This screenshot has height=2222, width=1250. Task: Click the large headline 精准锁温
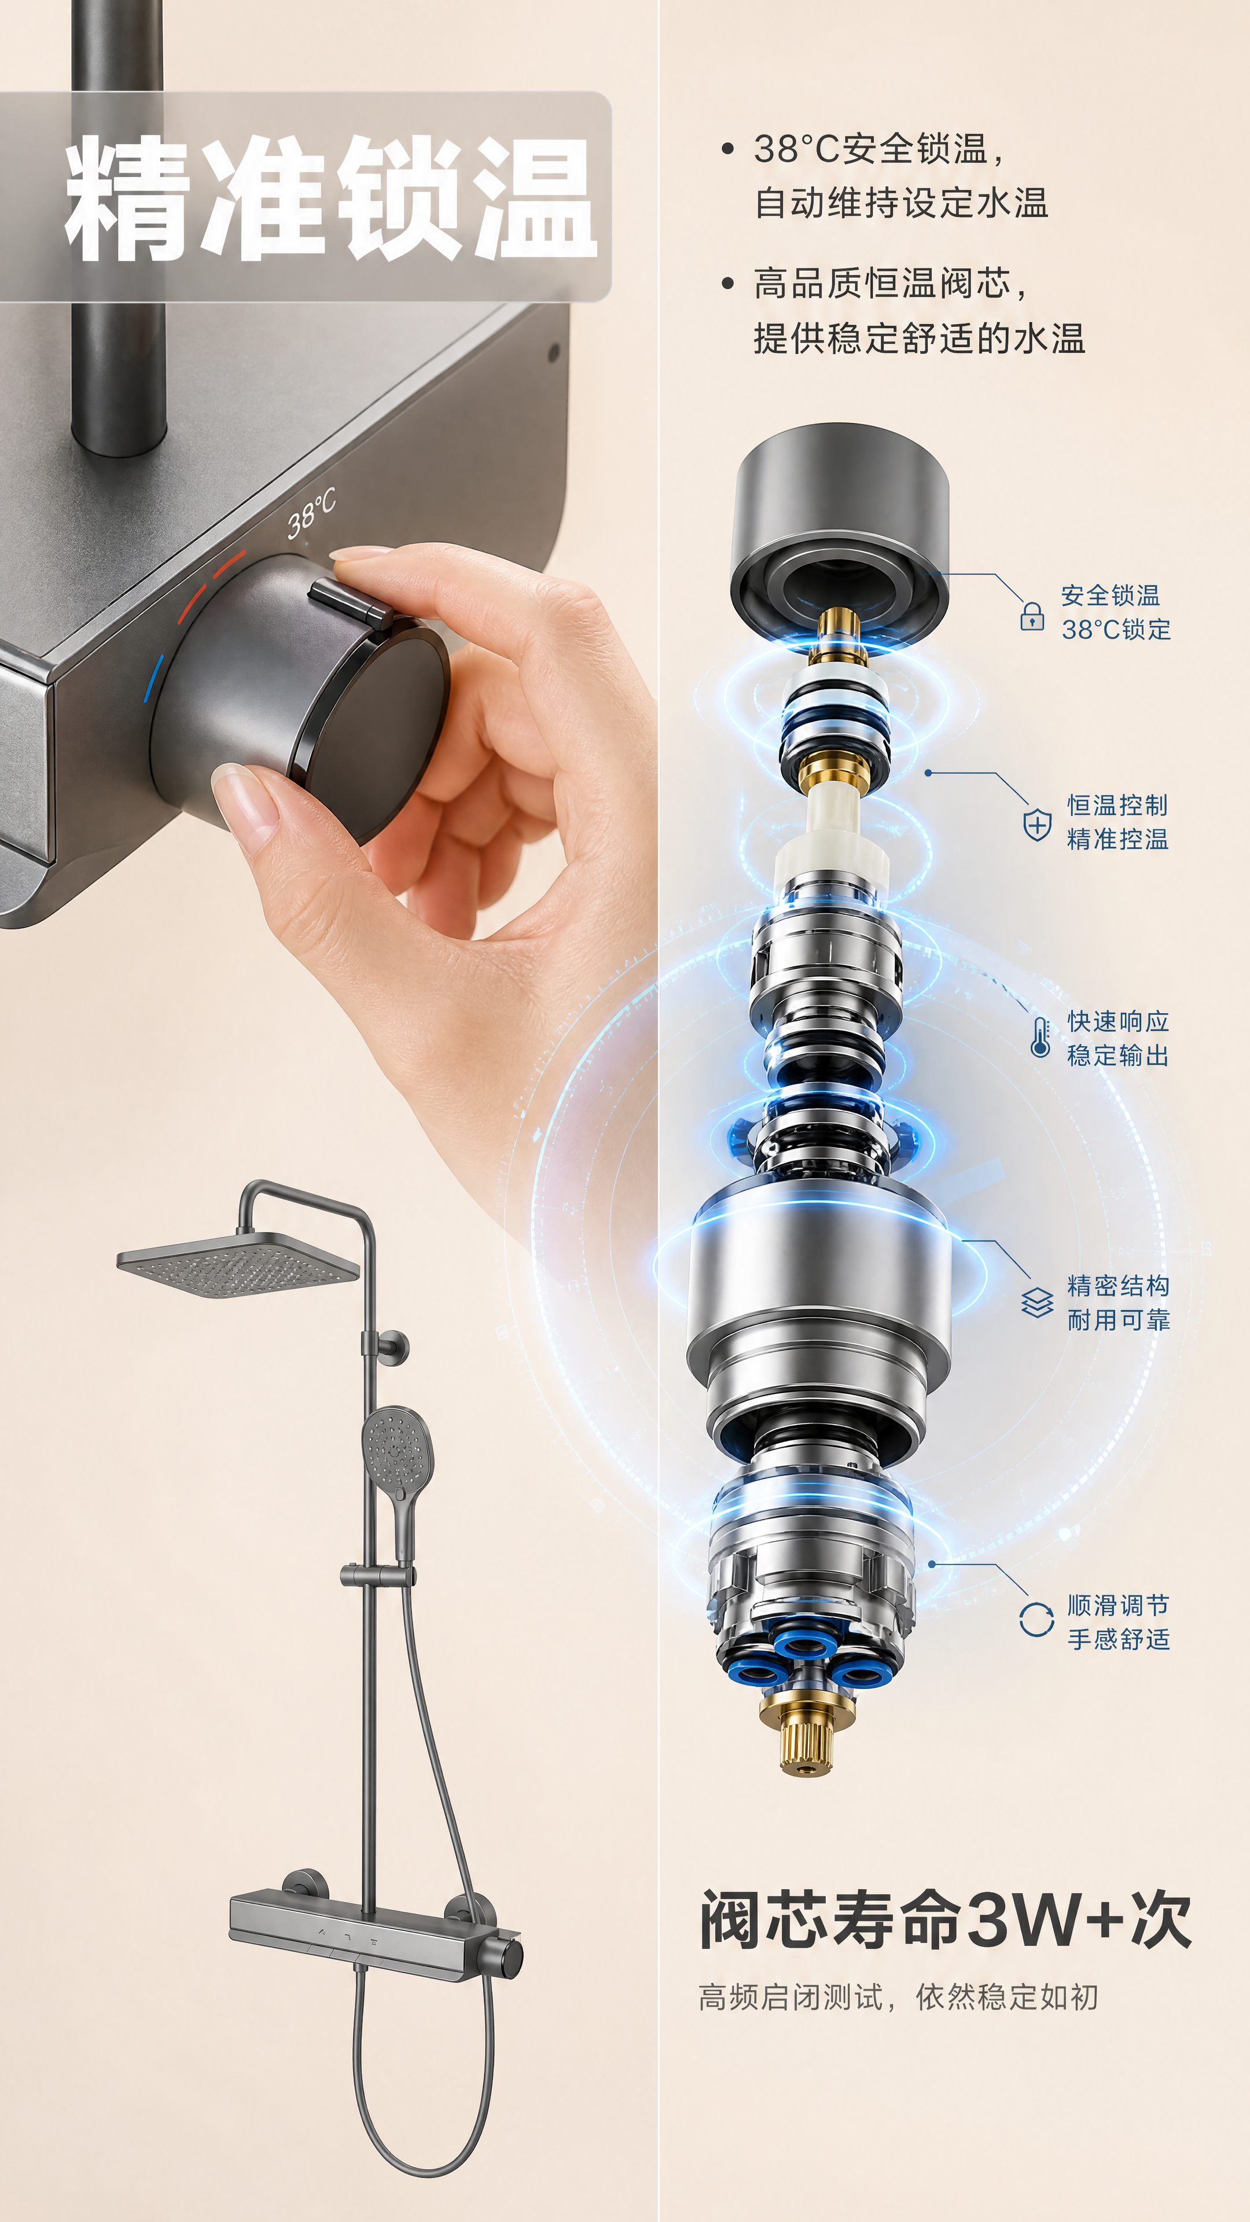pyautogui.click(x=331, y=197)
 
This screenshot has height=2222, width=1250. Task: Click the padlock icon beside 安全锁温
pyautogui.click(x=1032, y=616)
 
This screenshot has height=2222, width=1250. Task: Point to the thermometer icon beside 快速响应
pyautogui.click(x=1041, y=1037)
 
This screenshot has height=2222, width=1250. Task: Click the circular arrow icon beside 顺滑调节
pyautogui.click(x=1036, y=1620)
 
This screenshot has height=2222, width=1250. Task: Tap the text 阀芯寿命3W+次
pyautogui.click(x=946, y=1919)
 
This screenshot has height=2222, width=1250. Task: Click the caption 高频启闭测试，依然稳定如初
pyautogui.click(x=898, y=1997)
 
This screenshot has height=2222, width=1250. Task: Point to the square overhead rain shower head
pyautogui.click(x=237, y=1264)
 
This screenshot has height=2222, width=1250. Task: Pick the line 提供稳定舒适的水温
pyautogui.click(x=919, y=338)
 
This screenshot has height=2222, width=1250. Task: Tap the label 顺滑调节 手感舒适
pyautogui.click(x=1118, y=1621)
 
